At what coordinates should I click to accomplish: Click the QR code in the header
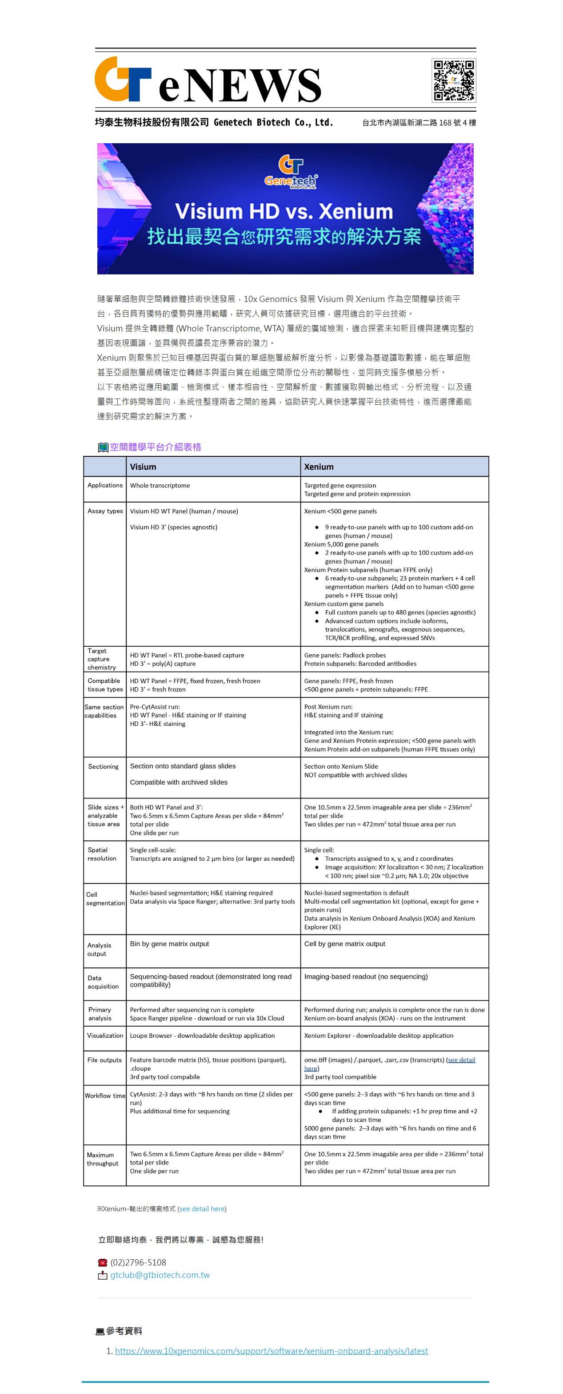pyautogui.click(x=453, y=80)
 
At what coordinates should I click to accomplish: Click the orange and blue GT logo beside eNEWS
pyautogui.click(x=122, y=79)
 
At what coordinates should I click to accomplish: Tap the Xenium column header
pyautogui.click(x=319, y=467)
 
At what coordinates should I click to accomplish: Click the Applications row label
pyautogui.click(x=105, y=485)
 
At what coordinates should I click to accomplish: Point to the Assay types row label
pyautogui.click(x=105, y=511)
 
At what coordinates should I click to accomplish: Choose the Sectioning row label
pyautogui.click(x=103, y=766)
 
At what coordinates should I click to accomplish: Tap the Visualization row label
pyautogui.click(x=105, y=1035)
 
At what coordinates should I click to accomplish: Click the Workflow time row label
pyautogui.click(x=105, y=1095)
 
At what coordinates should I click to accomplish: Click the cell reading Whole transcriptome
pyautogui.click(x=160, y=485)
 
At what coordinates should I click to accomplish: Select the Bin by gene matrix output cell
pyautogui.click(x=169, y=944)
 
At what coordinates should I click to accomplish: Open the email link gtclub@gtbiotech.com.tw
pyautogui.click(x=160, y=1275)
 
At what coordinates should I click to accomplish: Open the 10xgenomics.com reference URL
pyautogui.click(x=271, y=1351)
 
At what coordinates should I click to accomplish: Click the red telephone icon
pyautogui.click(x=102, y=1262)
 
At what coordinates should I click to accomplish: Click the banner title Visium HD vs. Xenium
pyautogui.click(x=284, y=211)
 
